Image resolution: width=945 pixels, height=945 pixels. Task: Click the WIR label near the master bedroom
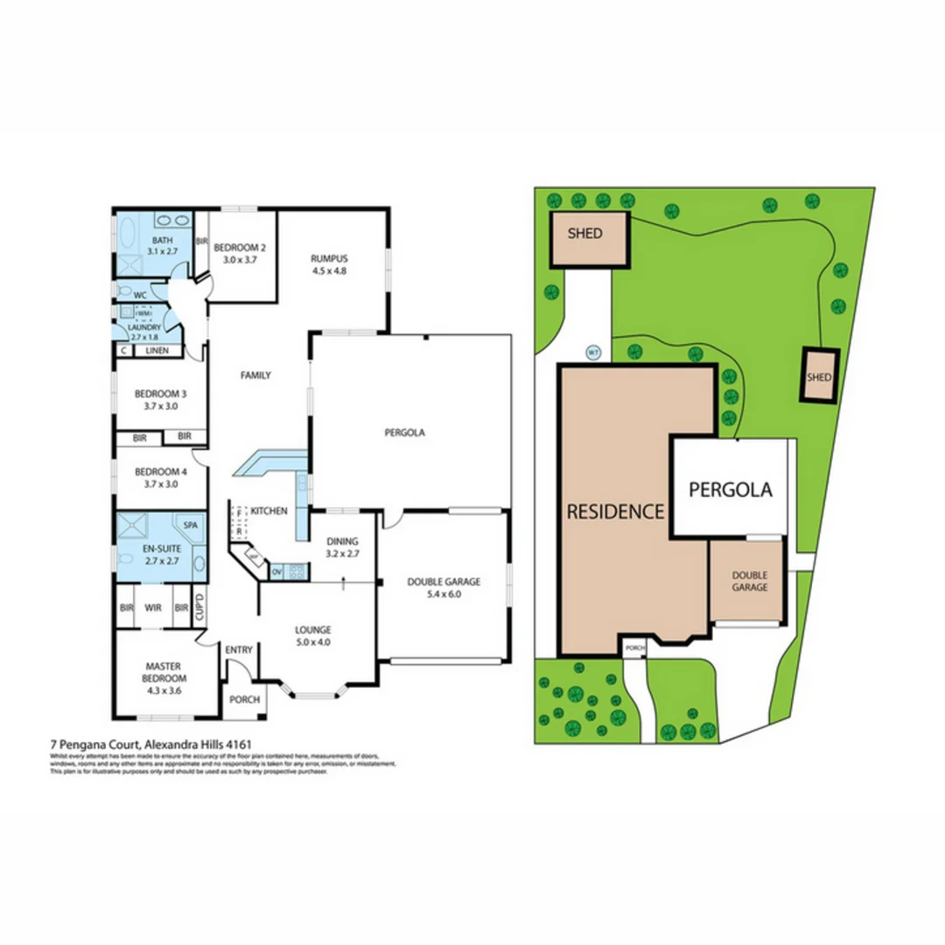(x=152, y=607)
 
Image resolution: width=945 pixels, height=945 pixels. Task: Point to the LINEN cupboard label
(x=157, y=351)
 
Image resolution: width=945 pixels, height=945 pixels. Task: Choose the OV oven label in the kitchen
(x=276, y=572)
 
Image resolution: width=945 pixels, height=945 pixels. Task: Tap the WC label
(x=139, y=295)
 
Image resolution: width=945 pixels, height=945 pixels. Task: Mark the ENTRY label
(x=238, y=649)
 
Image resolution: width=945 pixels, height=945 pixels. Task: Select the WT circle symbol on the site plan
(x=592, y=353)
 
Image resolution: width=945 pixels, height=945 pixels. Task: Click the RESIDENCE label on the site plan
(x=616, y=512)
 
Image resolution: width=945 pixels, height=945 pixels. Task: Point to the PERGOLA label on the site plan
(x=731, y=489)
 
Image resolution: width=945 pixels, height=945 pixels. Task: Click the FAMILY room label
(x=255, y=375)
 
